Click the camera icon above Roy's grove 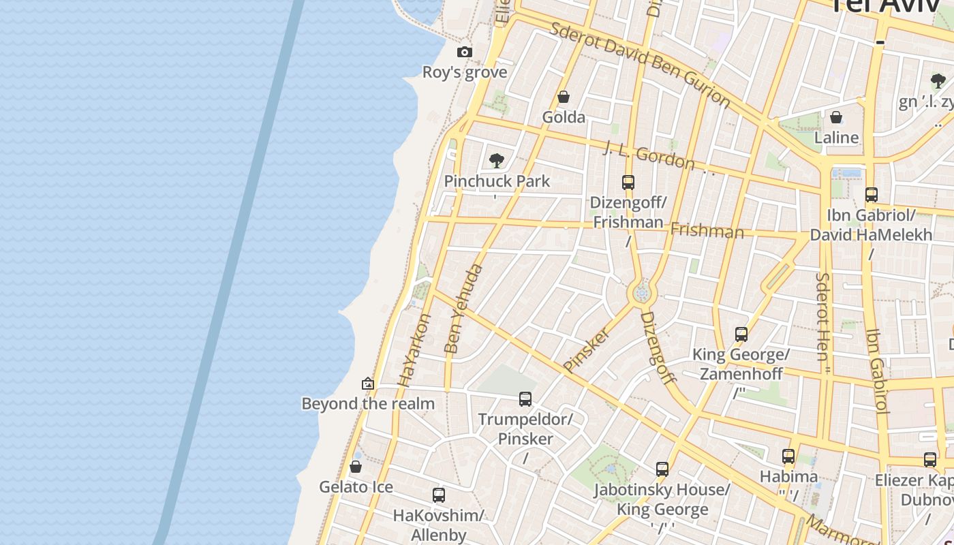click(464, 52)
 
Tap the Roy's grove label click(465, 72)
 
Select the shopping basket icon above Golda click(564, 97)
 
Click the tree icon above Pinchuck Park click(497, 161)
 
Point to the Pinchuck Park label click(497, 181)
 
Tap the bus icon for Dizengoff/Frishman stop click(628, 183)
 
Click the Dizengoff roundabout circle click(641, 294)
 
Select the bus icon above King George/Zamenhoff click(741, 334)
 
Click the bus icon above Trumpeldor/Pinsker click(525, 399)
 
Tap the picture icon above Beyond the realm click(368, 384)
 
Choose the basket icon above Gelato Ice click(356, 467)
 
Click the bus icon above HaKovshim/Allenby click(439, 495)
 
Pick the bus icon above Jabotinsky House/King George click(662, 469)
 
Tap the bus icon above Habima click(788, 456)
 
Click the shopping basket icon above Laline click(836, 117)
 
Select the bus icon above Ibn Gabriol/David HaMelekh click(872, 195)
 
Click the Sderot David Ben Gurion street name click(640, 64)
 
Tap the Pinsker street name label click(586, 349)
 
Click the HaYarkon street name click(414, 350)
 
